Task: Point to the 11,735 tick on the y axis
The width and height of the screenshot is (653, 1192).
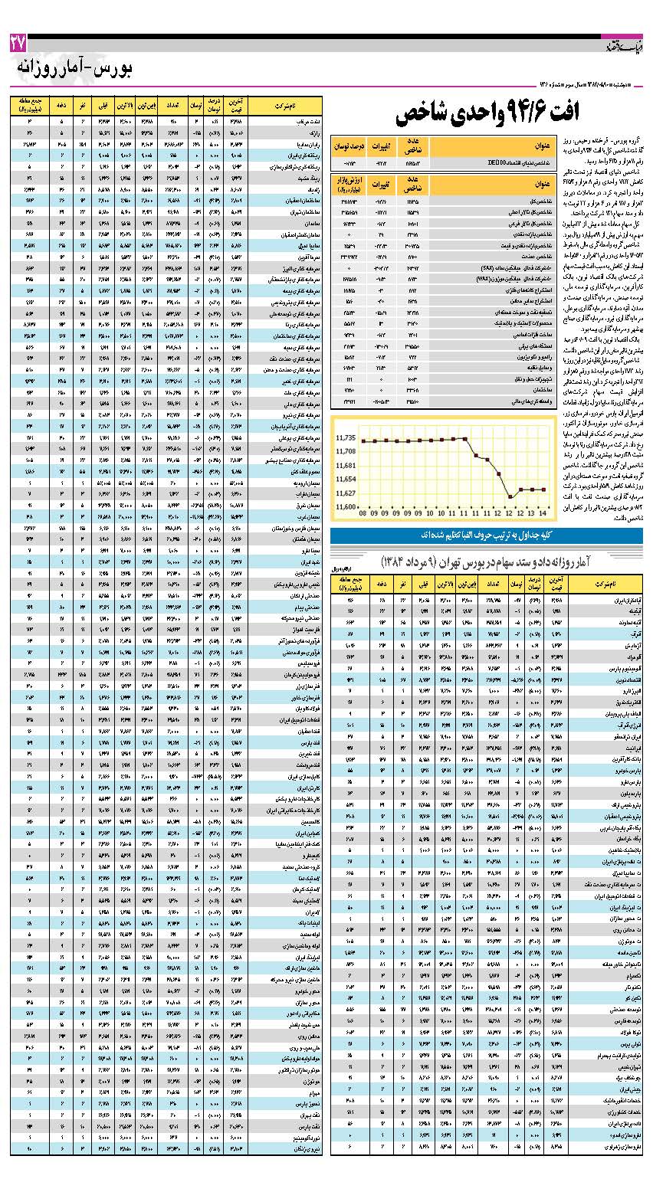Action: [x=346, y=438]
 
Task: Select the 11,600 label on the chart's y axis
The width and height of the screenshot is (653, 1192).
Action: [x=346, y=507]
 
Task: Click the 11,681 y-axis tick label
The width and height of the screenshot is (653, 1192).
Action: [x=346, y=466]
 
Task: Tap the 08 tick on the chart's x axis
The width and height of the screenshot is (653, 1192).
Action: [x=363, y=513]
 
